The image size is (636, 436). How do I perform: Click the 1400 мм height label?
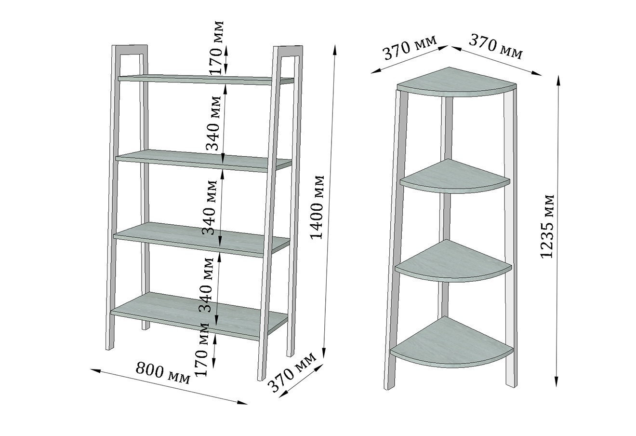click(x=317, y=207)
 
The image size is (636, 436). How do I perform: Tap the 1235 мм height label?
click(x=547, y=227)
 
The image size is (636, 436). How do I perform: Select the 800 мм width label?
click(x=163, y=372)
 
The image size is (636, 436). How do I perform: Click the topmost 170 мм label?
click(x=217, y=47)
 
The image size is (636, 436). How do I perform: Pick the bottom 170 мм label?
click(x=202, y=349)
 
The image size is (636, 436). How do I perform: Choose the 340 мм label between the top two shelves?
click(x=213, y=123)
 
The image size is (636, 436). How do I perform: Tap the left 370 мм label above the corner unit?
click(x=410, y=48)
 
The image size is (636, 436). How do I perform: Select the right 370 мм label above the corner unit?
click(x=495, y=47)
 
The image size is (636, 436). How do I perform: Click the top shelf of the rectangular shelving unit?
click(x=206, y=80)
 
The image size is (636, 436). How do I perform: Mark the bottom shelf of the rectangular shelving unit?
click(x=199, y=315)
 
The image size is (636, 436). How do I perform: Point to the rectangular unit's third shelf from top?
click(x=201, y=239)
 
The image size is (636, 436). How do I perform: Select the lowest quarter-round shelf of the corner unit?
click(x=451, y=342)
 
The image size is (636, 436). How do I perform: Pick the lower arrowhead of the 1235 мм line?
click(x=557, y=381)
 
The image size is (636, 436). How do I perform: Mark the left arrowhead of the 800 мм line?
click(x=95, y=370)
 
